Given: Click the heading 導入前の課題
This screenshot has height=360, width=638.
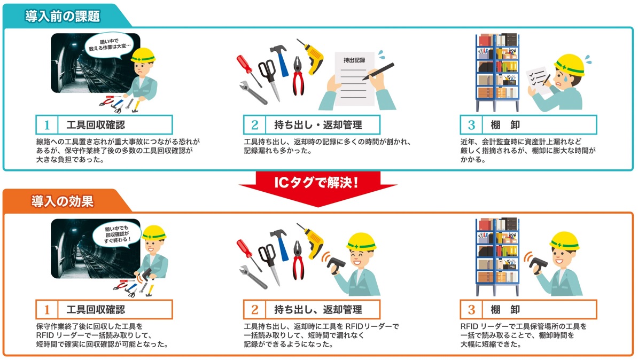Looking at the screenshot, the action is tap(63, 16).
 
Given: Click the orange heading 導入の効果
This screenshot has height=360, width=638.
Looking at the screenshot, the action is tap(63, 201).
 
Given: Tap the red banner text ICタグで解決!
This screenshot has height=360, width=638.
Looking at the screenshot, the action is tap(316, 182).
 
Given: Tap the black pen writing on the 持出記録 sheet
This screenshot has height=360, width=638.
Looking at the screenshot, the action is tap(378, 71).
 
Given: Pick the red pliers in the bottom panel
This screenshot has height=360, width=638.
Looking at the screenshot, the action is tap(298, 260).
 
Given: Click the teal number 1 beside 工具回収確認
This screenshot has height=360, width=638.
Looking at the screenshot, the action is tap(47, 125).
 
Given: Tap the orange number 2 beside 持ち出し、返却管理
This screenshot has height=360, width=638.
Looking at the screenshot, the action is tap(255, 310).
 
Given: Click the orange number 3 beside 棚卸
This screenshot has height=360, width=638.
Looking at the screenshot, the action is tap(471, 310).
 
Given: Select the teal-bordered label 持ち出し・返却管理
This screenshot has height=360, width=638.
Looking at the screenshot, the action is tap(312, 125).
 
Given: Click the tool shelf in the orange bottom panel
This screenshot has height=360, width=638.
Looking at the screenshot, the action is tap(497, 257).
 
